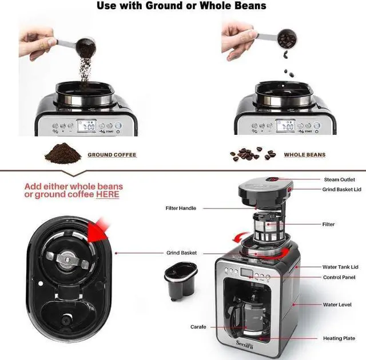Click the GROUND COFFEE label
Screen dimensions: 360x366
[112, 155]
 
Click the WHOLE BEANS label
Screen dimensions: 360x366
[304, 155]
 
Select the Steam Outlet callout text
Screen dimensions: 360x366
[339, 179]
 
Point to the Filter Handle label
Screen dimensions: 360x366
[181, 209]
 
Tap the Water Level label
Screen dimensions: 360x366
[337, 305]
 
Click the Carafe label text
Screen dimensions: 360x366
[198, 327]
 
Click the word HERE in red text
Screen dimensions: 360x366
[108, 195]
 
